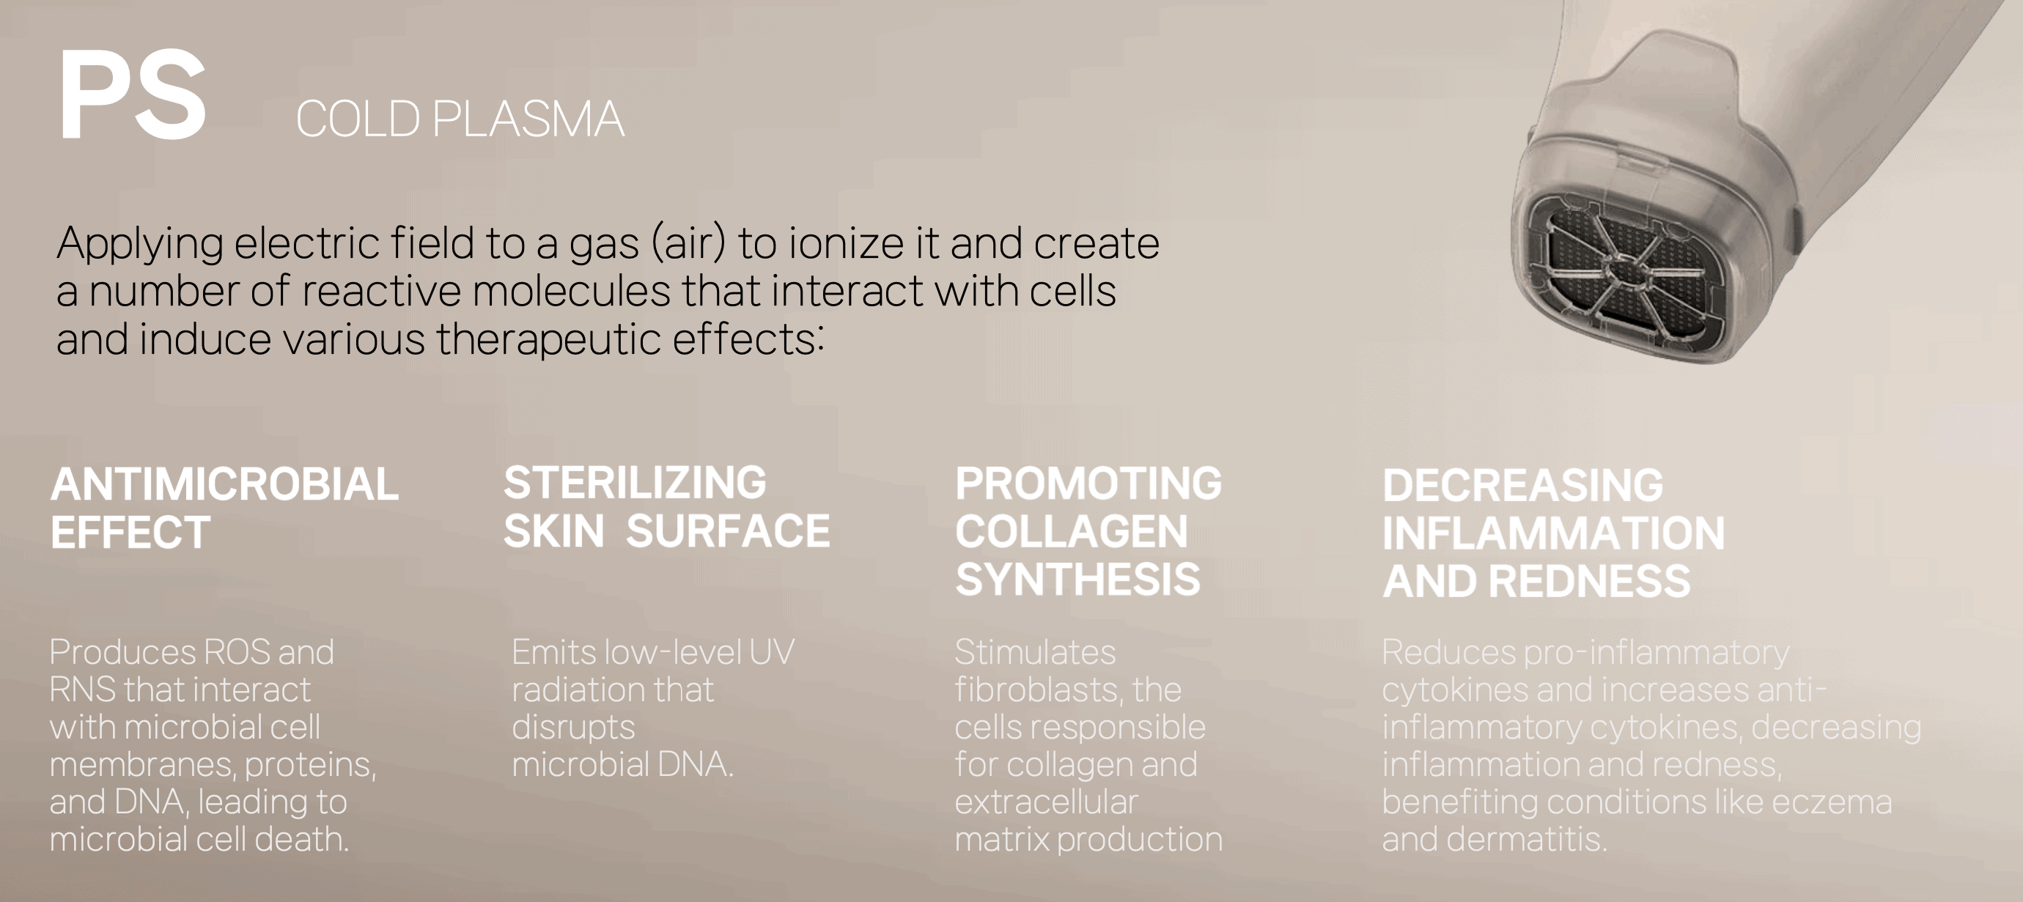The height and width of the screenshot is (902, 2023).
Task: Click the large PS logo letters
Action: click(132, 95)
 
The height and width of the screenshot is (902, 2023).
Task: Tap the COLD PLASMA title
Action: click(460, 119)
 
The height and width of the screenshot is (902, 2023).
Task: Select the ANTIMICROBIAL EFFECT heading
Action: click(224, 508)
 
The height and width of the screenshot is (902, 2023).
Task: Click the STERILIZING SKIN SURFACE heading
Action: click(667, 507)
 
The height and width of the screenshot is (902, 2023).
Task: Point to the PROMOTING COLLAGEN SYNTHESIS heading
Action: click(1088, 531)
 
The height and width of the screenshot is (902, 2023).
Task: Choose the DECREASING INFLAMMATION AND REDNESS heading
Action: click(1553, 533)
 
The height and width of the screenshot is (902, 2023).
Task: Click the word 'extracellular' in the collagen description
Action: click(1046, 802)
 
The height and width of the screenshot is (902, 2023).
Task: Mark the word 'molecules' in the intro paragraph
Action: click(572, 291)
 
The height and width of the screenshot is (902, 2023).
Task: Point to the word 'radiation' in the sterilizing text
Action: click(575, 690)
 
